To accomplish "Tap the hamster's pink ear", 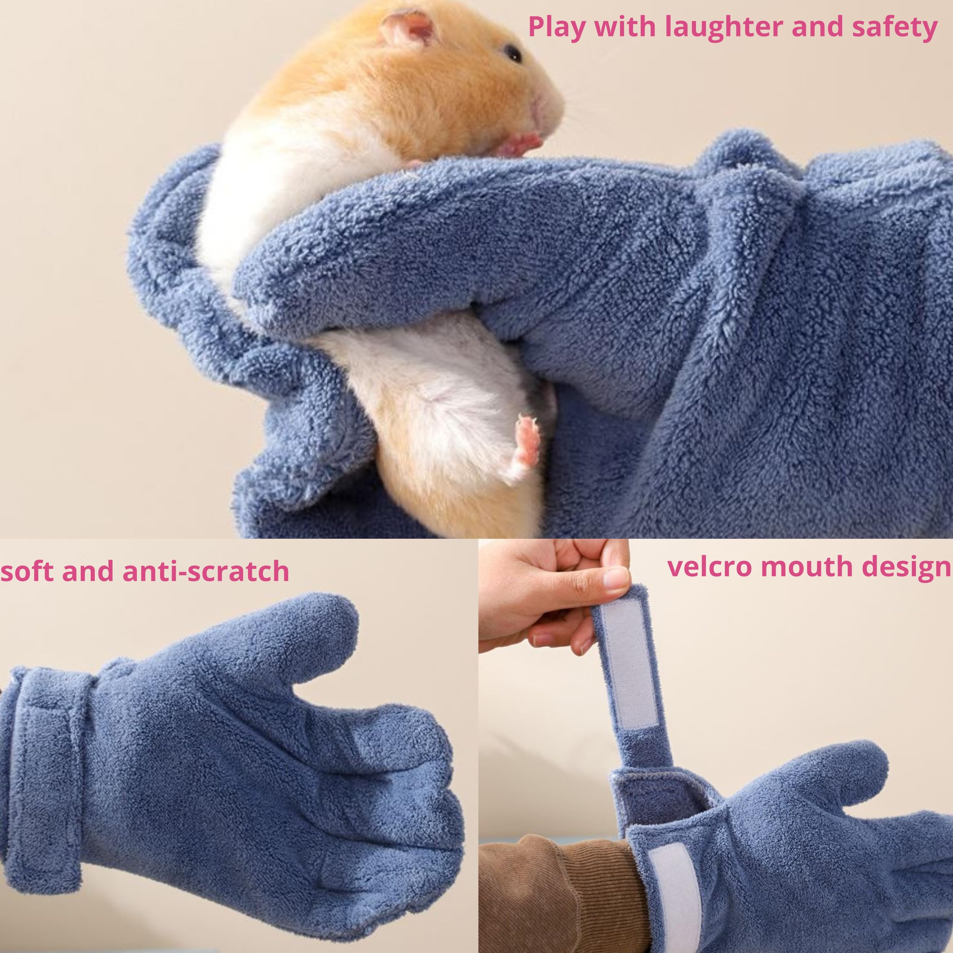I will pyautogui.click(x=409, y=27).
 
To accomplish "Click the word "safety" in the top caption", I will pyautogui.click(x=894, y=28).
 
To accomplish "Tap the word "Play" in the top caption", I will pyautogui.click(x=557, y=28).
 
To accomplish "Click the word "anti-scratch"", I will pyautogui.click(x=205, y=571).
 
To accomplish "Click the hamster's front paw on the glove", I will pyautogui.click(x=523, y=143).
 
